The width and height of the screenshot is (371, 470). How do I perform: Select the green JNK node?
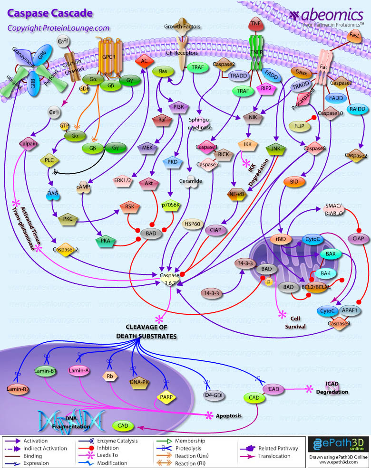click(275, 149)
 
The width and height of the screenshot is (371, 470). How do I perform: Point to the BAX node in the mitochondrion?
click(331, 254)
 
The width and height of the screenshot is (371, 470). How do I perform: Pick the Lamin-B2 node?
click(18, 389)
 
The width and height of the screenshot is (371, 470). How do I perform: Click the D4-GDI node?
click(214, 394)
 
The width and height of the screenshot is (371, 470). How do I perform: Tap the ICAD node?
click(273, 389)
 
